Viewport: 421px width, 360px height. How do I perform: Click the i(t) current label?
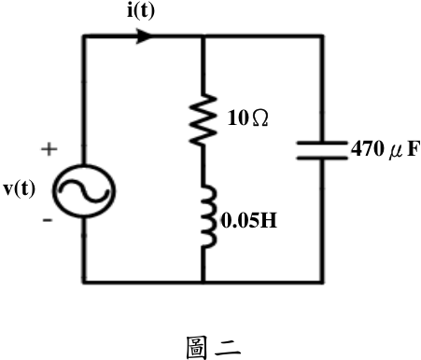click(141, 11)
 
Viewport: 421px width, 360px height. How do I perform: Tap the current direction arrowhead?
click(145, 36)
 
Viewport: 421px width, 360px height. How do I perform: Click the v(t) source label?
click(20, 189)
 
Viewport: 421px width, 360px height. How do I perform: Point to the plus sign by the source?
click(49, 149)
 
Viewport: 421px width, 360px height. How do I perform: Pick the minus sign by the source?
click(48, 220)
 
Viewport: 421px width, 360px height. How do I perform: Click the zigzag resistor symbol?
click(203, 119)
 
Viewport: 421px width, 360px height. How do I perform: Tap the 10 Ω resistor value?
click(247, 118)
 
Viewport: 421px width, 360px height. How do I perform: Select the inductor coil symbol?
click(208, 216)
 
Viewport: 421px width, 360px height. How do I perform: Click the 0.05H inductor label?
click(249, 221)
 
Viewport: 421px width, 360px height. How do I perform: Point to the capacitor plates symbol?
click(322, 150)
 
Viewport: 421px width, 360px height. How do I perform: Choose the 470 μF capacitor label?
click(386, 149)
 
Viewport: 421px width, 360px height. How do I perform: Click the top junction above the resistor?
click(203, 36)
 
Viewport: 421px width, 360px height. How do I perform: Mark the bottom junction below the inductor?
click(203, 282)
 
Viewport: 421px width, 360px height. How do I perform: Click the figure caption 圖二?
click(214, 348)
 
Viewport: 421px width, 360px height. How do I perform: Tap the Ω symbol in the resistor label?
click(260, 118)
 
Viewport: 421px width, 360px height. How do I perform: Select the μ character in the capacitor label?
click(396, 152)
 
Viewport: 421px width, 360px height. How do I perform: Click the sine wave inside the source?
click(84, 190)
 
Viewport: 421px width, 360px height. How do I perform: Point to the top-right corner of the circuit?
click(322, 36)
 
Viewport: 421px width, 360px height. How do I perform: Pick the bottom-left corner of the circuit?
click(84, 282)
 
